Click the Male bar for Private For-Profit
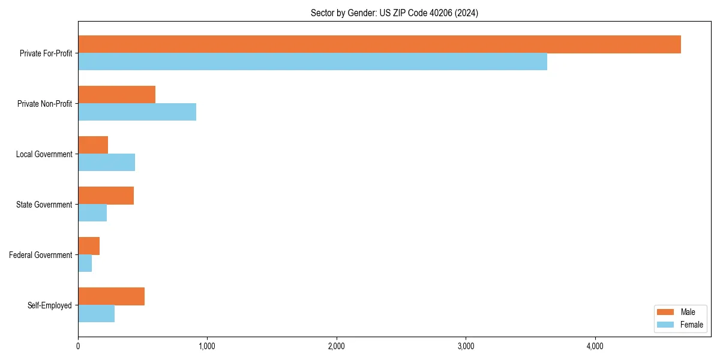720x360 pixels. (379, 44)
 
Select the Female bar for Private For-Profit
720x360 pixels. (313, 62)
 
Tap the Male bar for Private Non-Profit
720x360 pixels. (116, 95)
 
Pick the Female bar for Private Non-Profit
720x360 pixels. (137, 112)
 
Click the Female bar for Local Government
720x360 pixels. (106, 163)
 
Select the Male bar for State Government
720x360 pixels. (106, 196)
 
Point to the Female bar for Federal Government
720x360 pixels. (85, 263)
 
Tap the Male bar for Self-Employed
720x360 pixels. (111, 296)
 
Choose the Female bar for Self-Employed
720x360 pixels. (96, 314)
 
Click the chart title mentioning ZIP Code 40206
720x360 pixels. (394, 13)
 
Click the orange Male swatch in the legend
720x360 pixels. (665, 312)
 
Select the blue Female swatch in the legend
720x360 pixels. (665, 325)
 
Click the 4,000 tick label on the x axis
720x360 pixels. (595, 346)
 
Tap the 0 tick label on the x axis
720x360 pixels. (78, 346)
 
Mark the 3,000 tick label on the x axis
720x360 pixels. (466, 346)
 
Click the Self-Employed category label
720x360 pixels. (50, 305)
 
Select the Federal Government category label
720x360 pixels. (41, 255)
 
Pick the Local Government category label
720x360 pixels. (44, 154)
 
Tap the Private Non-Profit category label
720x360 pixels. (44, 104)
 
